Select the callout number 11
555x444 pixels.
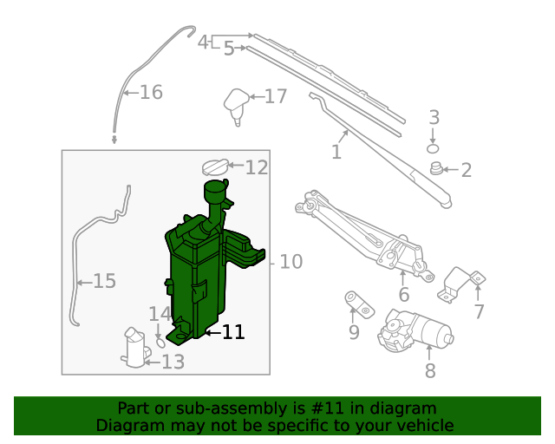(233, 332)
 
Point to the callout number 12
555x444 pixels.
(257, 167)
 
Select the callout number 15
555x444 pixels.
(104, 281)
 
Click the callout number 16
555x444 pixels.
(151, 92)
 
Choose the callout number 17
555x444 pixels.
(276, 96)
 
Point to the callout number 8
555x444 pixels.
(430, 372)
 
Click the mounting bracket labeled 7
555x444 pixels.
(460, 284)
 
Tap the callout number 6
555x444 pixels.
(403, 296)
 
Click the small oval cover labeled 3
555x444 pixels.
(434, 148)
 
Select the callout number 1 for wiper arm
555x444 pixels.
(336, 153)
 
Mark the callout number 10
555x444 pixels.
(291, 261)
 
